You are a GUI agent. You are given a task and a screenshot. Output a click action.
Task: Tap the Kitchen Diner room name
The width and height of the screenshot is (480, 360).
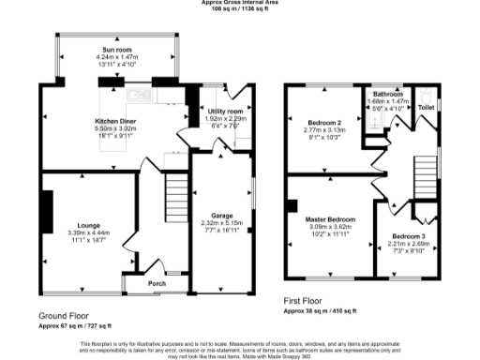pyautogui.click(x=117, y=120)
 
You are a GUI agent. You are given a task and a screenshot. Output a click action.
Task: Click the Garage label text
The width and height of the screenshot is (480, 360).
pyautogui.click(x=223, y=217)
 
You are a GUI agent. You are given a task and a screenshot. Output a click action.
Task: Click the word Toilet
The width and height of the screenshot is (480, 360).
pyautogui.click(x=427, y=108)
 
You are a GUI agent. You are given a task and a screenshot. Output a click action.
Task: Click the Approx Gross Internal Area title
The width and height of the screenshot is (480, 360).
pyautogui.click(x=240, y=3)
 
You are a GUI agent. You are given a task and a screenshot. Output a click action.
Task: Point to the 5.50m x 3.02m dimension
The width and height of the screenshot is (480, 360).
pyautogui.click(x=117, y=127)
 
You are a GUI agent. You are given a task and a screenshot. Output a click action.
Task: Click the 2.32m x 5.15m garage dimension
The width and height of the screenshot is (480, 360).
pyautogui.click(x=223, y=224)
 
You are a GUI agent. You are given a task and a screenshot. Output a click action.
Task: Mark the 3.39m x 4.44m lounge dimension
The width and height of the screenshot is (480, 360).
pyautogui.click(x=89, y=233)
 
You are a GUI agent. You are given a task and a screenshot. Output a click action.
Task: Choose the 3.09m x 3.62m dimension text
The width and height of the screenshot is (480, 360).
pyautogui.click(x=328, y=227)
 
